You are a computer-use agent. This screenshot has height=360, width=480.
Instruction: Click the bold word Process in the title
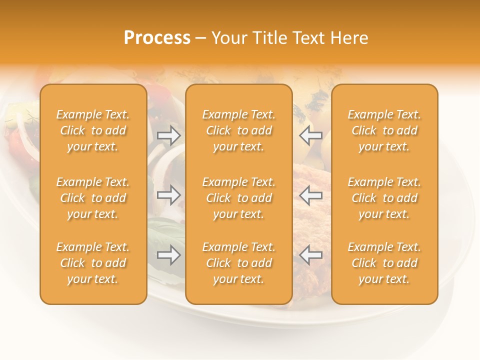157,38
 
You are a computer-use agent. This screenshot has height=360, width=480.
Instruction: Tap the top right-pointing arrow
169,135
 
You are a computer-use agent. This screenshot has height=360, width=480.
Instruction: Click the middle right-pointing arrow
169,195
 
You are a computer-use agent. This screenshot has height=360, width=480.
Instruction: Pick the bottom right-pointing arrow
169,255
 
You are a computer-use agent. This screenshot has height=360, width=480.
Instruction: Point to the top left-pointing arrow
310,135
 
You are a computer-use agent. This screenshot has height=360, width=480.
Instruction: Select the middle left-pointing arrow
310,195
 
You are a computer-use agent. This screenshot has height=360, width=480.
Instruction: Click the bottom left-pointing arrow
310,255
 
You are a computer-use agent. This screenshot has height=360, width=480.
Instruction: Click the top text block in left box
93,130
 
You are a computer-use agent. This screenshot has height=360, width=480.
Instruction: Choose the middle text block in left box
93,198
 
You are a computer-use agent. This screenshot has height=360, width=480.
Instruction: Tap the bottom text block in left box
93,263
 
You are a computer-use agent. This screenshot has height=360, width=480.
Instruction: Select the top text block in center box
238,130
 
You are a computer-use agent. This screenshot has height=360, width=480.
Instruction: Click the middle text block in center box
238,198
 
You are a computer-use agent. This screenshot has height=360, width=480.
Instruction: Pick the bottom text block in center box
238,263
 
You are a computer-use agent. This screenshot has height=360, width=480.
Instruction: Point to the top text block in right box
384,130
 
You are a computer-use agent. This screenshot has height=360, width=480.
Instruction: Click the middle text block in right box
384,198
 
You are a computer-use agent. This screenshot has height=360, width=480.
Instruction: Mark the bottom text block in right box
384,263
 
